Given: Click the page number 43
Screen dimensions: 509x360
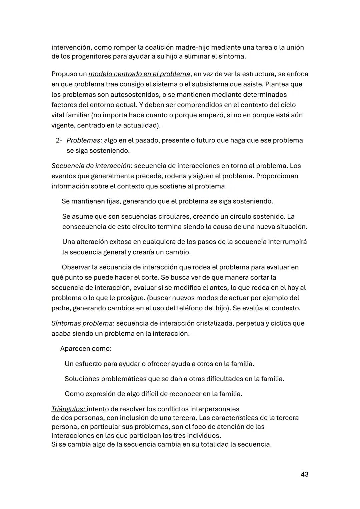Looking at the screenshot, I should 304,474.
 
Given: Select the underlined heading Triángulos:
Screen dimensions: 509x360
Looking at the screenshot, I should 68,409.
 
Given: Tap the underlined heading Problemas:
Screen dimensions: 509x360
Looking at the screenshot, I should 84,140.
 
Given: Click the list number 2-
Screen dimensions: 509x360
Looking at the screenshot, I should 59,140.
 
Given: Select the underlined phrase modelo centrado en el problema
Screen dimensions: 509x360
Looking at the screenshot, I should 139,74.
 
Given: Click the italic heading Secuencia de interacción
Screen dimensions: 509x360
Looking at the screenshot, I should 91,166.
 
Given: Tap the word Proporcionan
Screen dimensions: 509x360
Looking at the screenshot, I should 277,176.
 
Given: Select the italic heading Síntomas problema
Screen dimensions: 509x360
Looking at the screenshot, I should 82,323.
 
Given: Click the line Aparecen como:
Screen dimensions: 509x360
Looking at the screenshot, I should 86,349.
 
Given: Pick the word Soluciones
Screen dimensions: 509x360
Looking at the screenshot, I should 82,379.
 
